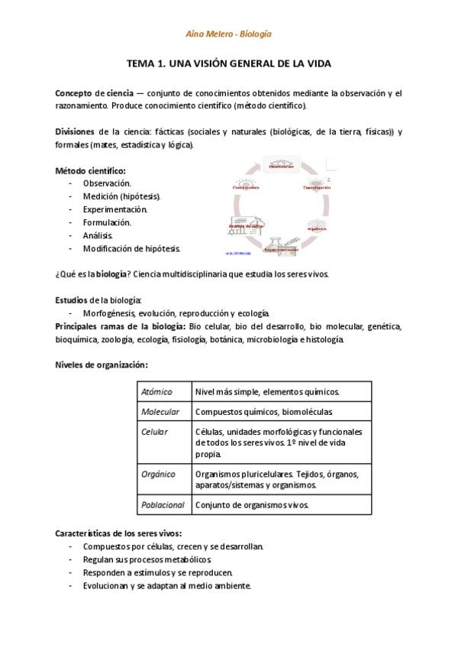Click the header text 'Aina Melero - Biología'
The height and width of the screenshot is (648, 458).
pyautogui.click(x=229, y=34)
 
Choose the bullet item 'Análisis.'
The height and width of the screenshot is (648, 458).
pyautogui.click(x=98, y=235)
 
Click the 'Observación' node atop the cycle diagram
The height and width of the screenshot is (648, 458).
pyautogui.click(x=281, y=164)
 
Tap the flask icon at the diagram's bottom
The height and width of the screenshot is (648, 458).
pyautogui.click(x=282, y=241)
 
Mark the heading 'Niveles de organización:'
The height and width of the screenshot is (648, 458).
pyautogui.click(x=102, y=365)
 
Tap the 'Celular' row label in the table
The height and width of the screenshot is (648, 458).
pyautogui.click(x=155, y=432)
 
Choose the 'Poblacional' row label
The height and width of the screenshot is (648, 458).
pyautogui.click(x=163, y=505)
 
